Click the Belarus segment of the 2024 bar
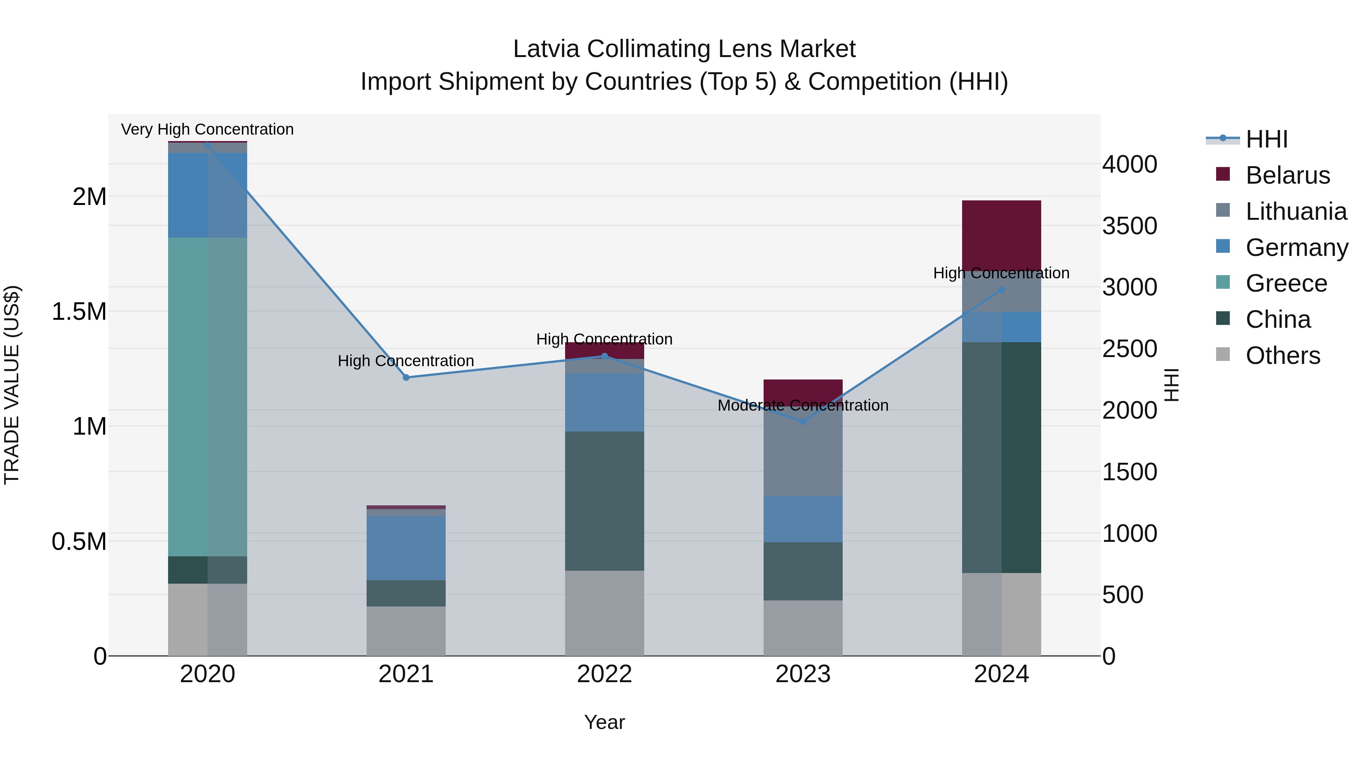click(x=1001, y=234)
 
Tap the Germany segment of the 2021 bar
click(x=406, y=547)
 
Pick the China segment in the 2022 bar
click(x=604, y=500)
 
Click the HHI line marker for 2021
click(x=406, y=377)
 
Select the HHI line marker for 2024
click(x=1001, y=290)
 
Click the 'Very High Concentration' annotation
click(x=207, y=129)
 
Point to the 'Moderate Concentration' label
click(x=802, y=405)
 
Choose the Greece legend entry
click(x=1286, y=283)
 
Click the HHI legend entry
click(x=1266, y=139)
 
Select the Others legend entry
click(x=1282, y=356)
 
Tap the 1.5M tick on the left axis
click(x=79, y=311)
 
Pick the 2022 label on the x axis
click(x=604, y=674)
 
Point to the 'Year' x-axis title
click(x=604, y=722)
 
